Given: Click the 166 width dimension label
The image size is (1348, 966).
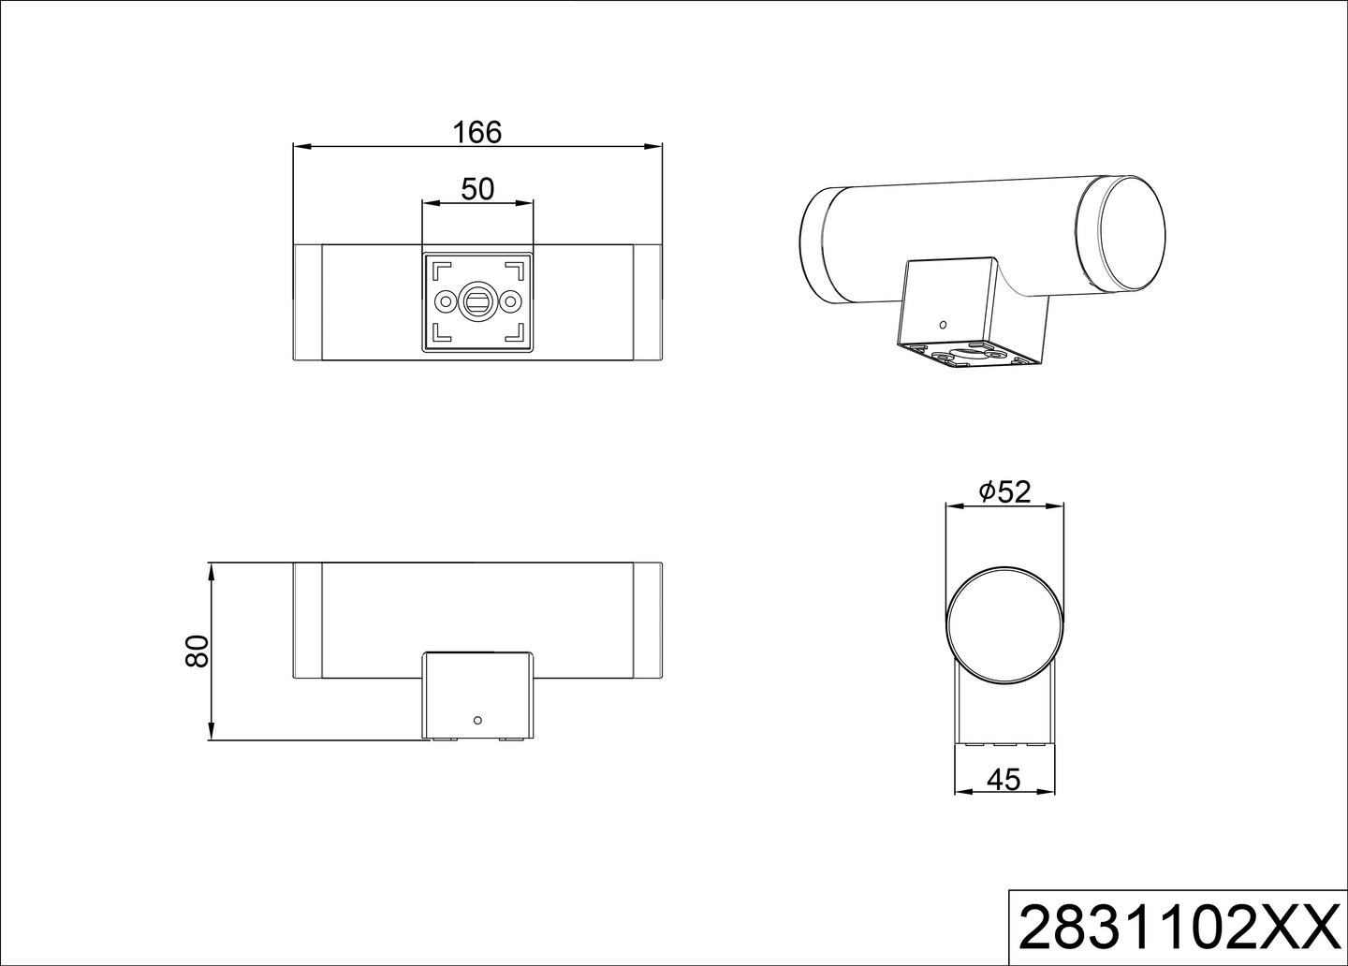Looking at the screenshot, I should point(477,132).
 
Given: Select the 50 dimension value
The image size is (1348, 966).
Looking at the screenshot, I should point(477,189).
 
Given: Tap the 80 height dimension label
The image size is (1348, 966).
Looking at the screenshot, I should point(197,651).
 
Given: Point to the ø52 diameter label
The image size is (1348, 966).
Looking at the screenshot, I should point(1004,491).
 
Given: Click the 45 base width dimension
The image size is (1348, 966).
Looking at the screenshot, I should point(1004,779).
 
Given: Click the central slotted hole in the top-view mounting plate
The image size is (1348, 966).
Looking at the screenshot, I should point(477,301).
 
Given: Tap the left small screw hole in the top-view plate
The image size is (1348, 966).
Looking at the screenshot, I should point(443,301).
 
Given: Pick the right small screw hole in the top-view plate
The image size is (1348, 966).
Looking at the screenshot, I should point(511,301).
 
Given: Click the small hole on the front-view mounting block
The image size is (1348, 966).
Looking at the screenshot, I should point(477,720).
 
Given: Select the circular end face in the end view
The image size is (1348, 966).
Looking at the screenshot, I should point(1004,624).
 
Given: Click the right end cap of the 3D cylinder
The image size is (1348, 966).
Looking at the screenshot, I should point(1133,231).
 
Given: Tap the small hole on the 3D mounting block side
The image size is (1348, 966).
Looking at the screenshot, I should point(943,324).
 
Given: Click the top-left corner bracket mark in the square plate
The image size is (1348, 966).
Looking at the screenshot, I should point(437,268).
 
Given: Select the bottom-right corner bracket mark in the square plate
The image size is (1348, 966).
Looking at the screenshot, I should point(516,334).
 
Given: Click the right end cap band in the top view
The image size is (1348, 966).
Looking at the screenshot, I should point(647,301).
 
